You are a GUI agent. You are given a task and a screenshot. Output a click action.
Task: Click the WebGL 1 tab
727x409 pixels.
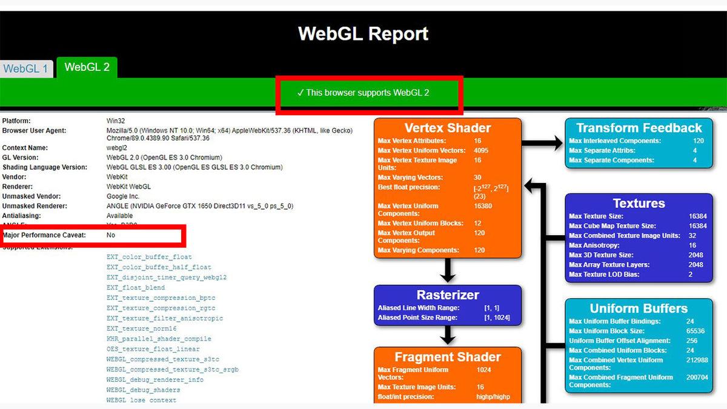pyautogui.click(x=25, y=68)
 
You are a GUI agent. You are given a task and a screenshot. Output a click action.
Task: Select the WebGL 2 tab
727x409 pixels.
pyautogui.click(x=87, y=67)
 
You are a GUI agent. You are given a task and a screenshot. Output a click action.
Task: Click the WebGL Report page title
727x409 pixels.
pyautogui.click(x=363, y=33)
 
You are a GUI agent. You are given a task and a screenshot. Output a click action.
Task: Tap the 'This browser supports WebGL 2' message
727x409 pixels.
pyautogui.click(x=363, y=93)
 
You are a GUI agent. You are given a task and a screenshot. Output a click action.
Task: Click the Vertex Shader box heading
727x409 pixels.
pyautogui.click(x=447, y=128)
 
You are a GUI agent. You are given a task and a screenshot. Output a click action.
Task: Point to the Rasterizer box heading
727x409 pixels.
pyautogui.click(x=447, y=295)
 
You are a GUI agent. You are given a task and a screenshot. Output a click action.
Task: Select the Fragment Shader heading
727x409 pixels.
pyautogui.click(x=447, y=357)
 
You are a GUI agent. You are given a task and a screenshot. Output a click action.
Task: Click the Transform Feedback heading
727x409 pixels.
pyautogui.click(x=639, y=128)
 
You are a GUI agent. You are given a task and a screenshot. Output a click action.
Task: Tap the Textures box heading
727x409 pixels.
pyautogui.click(x=639, y=204)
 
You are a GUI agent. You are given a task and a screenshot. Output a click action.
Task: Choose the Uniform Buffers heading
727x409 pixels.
pyautogui.click(x=639, y=308)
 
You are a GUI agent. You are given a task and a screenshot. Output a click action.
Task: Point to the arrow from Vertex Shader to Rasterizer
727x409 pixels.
pyautogui.click(x=448, y=270)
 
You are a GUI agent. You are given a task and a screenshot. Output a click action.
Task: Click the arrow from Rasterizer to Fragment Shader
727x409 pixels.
pyautogui.click(x=448, y=335)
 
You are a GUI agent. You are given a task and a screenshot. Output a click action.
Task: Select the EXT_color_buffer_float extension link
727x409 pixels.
pyautogui.click(x=149, y=257)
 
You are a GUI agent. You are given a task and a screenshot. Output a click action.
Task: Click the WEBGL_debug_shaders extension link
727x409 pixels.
pyautogui.click(x=143, y=390)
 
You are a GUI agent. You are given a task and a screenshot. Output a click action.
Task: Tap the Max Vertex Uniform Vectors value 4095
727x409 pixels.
pyautogui.click(x=481, y=150)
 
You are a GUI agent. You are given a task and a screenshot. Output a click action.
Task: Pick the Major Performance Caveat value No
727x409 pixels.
pyautogui.click(x=111, y=234)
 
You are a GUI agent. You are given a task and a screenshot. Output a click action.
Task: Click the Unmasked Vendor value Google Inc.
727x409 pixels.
pyautogui.click(x=123, y=196)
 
